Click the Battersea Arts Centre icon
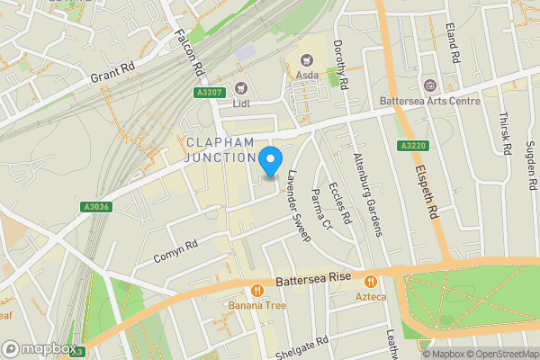pyautogui.click(x=428, y=85)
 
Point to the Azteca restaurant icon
pyautogui.click(x=370, y=280)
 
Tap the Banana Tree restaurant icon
pyautogui.click(x=257, y=291)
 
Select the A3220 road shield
pyautogui.click(x=410, y=146)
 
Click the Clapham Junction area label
pyautogui.click(x=221, y=150)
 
